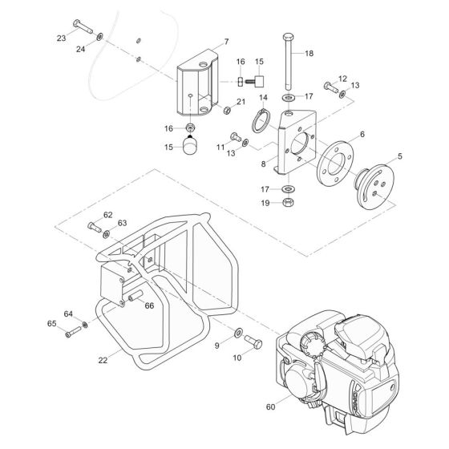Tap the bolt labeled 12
pos(329,86)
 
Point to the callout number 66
pos(149,305)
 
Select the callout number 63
pos(122,223)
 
